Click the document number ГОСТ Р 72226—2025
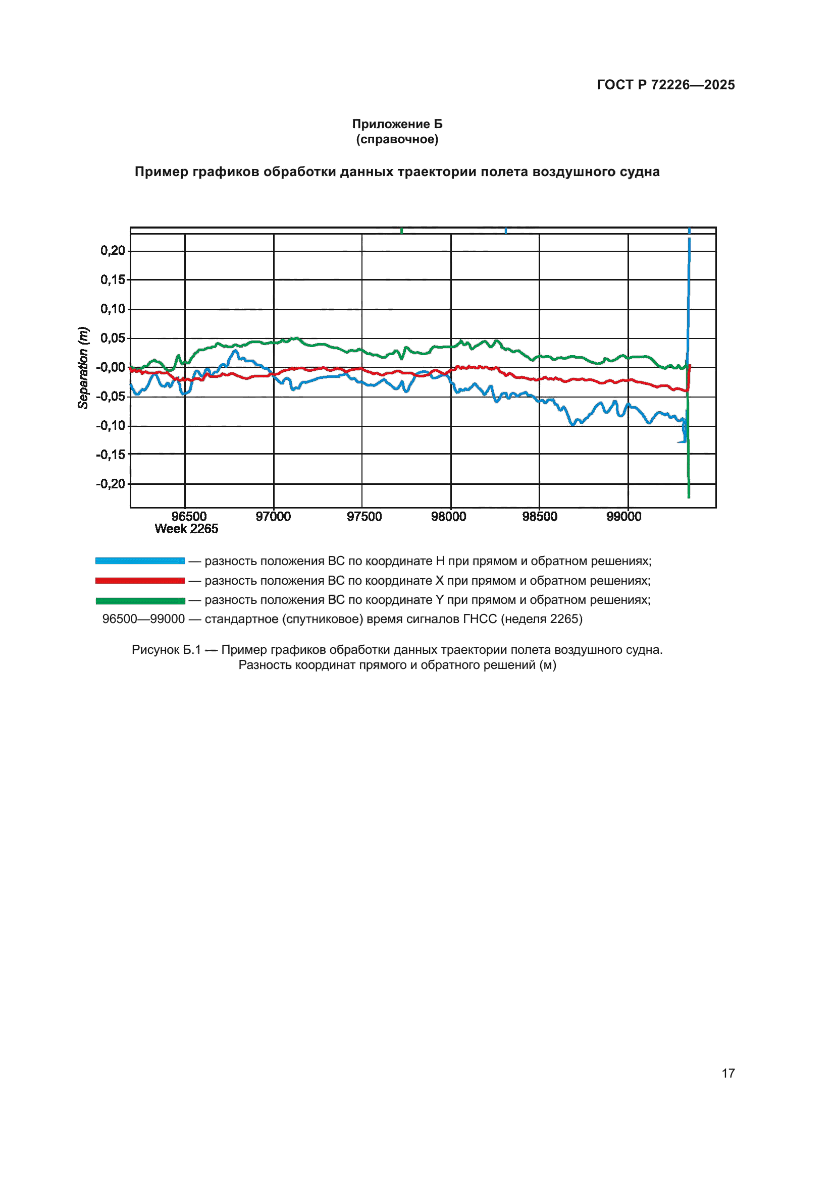665,85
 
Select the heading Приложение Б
397,124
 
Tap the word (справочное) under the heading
397,139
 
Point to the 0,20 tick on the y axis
113,251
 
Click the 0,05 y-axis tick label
113,338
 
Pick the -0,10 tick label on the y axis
111,426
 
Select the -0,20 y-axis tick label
111,484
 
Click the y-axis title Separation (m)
83,367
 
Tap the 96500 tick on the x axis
189,517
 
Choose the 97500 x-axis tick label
364,517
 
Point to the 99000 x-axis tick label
623,517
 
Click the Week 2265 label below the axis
186,529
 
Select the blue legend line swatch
140,560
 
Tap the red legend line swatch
140,580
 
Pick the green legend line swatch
140,600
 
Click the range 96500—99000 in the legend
143,619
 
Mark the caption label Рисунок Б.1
166,650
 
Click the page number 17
728,1073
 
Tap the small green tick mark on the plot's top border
401,231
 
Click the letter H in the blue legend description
440,560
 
